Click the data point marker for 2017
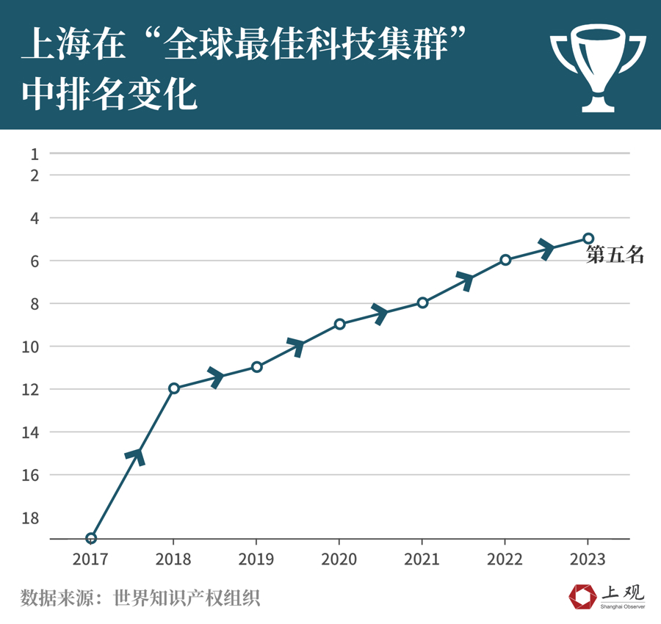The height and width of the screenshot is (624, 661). click(x=91, y=538)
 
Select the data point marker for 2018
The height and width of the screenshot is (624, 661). click(x=174, y=388)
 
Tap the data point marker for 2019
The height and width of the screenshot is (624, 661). click(x=256, y=366)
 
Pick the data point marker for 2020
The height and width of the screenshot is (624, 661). click(x=339, y=324)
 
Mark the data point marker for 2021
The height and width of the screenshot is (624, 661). click(x=422, y=302)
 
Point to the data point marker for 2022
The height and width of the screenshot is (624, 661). click(x=505, y=260)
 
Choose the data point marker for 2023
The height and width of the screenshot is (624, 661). click(x=588, y=238)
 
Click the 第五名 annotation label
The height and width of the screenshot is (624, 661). click(x=615, y=255)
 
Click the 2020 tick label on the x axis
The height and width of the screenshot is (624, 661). click(x=339, y=559)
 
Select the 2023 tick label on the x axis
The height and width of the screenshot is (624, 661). click(x=587, y=559)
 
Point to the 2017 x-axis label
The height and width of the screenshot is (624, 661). click(x=90, y=559)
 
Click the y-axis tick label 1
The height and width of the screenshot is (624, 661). click(x=35, y=153)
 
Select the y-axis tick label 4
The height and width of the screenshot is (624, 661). click(x=35, y=218)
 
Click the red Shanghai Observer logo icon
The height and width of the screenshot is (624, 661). click(x=583, y=595)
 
